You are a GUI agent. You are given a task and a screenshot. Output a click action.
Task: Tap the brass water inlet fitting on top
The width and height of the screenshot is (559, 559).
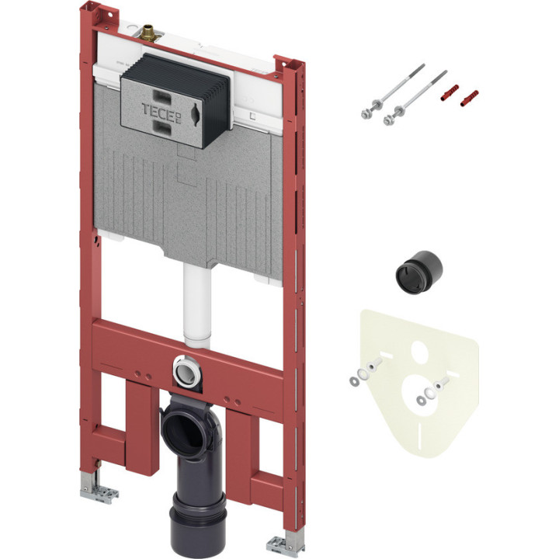click(148, 33)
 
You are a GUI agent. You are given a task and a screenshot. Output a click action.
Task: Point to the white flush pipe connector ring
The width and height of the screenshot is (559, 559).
click(187, 373)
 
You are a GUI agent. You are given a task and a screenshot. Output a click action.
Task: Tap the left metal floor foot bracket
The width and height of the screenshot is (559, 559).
click(98, 489)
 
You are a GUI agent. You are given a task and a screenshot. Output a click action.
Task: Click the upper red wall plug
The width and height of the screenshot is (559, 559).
click(450, 93)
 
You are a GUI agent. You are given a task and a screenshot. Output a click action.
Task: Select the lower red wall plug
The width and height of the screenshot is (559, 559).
click(469, 99)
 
